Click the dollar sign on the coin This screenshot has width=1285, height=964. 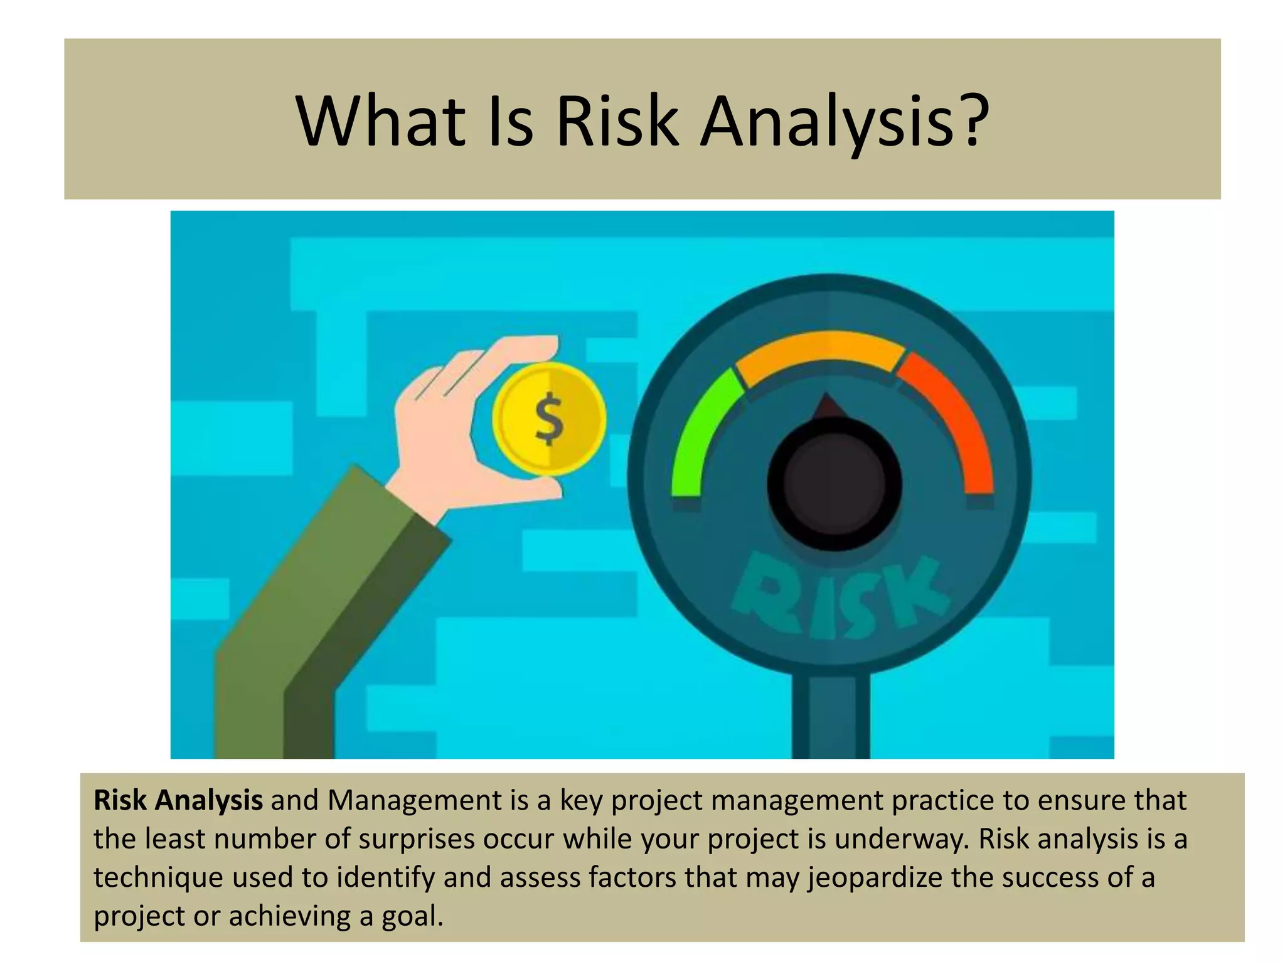point(549,419)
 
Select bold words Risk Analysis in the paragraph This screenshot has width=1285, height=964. point(178,801)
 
